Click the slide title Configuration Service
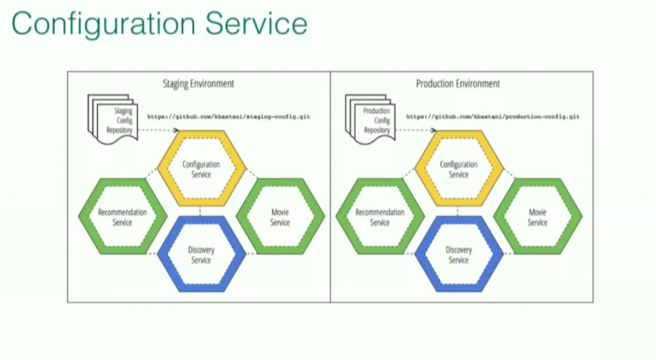pos(159,24)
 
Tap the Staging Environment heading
pos(199,84)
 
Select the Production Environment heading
pos(457,84)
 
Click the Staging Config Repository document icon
pos(111,118)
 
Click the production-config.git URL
pos(493,117)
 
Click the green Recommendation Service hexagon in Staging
pos(122,217)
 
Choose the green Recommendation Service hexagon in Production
pos(380,217)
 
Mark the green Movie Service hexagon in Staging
pos(280,217)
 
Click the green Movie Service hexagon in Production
pos(537,217)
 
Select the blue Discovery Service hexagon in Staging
pos(201,254)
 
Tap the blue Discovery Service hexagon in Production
pos(459,254)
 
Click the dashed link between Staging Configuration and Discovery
pos(201,212)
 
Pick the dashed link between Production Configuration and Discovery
pos(459,212)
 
